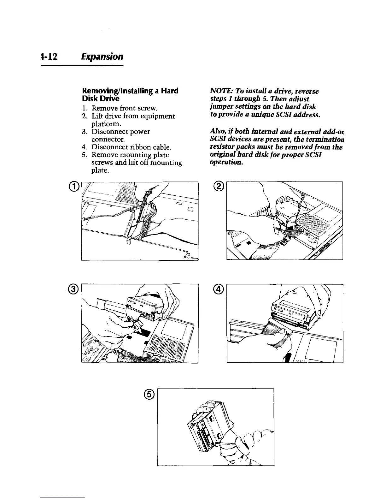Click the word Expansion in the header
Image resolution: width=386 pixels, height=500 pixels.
(x=102, y=57)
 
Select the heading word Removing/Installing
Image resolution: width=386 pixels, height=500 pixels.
(x=109, y=91)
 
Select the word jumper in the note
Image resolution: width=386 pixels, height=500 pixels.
(x=220, y=107)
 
